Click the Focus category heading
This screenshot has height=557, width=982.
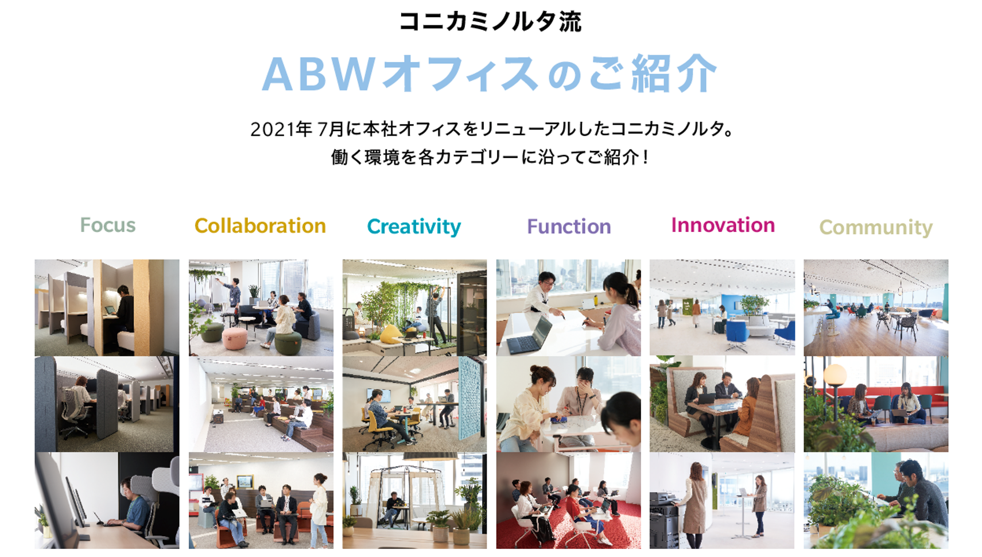click(x=108, y=225)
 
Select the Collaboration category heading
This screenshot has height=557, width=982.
click(x=261, y=226)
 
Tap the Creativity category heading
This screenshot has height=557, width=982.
click(x=414, y=227)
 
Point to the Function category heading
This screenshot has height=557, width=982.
click(x=569, y=226)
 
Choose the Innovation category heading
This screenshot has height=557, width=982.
click(x=723, y=225)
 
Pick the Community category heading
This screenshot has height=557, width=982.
click(x=876, y=227)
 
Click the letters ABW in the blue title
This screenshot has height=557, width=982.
click(x=319, y=74)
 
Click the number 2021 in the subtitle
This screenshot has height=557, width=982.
click(x=272, y=129)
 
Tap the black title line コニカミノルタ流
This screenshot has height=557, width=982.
click(x=491, y=21)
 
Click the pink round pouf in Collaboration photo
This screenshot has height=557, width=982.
click(x=235, y=338)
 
